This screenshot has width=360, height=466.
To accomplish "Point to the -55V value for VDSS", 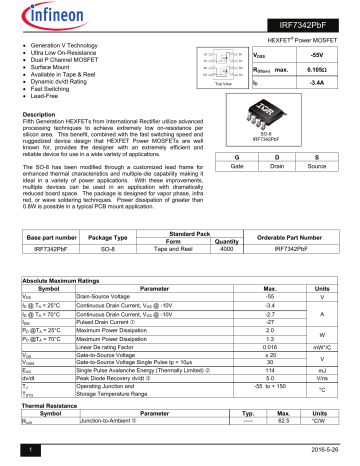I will pyautogui.click(x=319, y=58).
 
